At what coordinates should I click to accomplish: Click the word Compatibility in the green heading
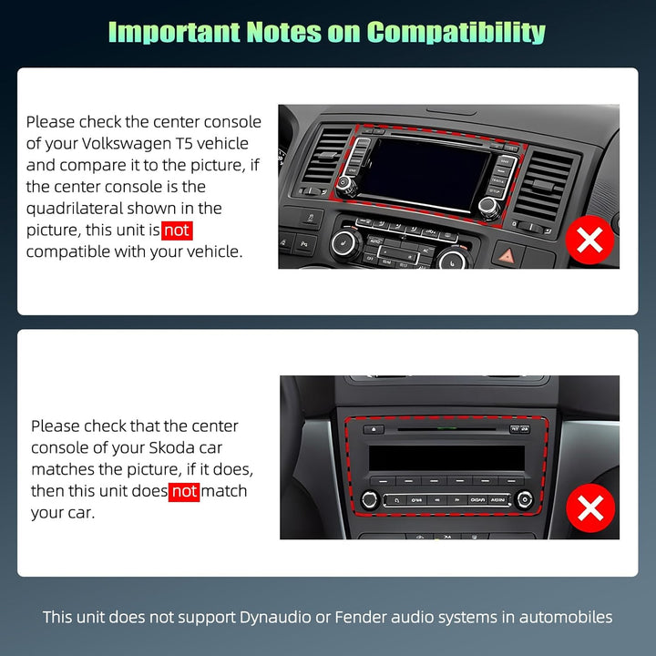pos(456,32)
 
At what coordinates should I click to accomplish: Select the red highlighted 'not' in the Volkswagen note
pos(177,231)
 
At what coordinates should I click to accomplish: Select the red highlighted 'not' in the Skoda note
pos(184,492)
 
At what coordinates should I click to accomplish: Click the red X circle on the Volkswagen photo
pos(589,241)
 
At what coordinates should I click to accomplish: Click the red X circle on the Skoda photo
pos(589,508)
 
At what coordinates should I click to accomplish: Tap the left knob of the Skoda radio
pos(370,499)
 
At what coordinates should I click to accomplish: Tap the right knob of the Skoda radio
pos(524,498)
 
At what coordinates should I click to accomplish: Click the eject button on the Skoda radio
pos(374,429)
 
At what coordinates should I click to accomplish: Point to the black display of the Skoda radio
pos(446,457)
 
